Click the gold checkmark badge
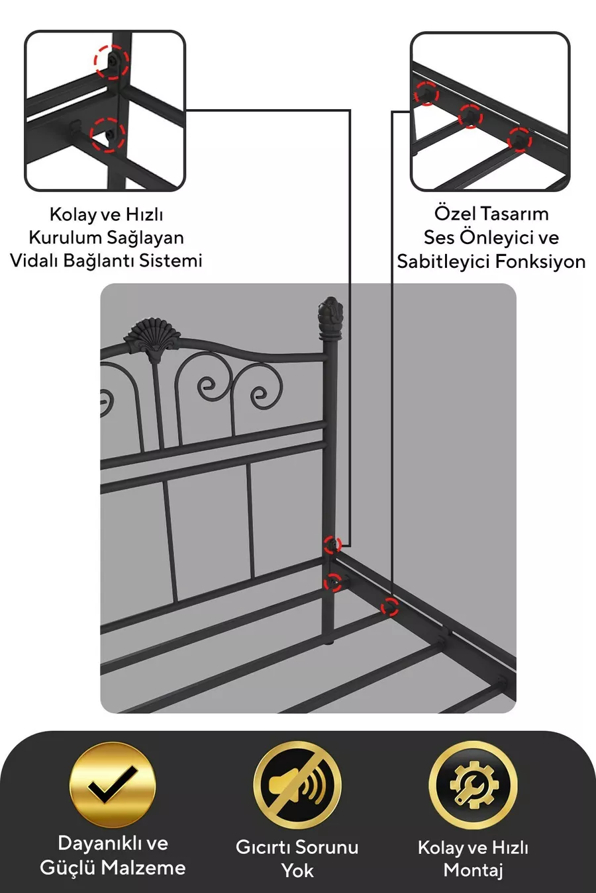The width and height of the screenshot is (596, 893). point(113,785)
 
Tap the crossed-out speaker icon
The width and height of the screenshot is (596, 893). point(297,785)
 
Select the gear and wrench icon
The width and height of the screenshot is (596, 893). point(473,785)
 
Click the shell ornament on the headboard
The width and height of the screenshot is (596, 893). point(152,339)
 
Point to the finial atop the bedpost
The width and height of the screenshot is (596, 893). point(330,318)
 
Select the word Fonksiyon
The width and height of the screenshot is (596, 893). point(540,262)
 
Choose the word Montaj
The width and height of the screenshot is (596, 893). point(473,871)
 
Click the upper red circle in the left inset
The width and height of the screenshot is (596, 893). point(112,62)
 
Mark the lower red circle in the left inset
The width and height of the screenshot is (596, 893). point(107,135)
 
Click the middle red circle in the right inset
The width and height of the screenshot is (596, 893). point(470,116)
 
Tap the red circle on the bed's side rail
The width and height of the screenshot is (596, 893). point(389,607)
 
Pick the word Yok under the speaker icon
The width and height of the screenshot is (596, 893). point(297,871)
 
